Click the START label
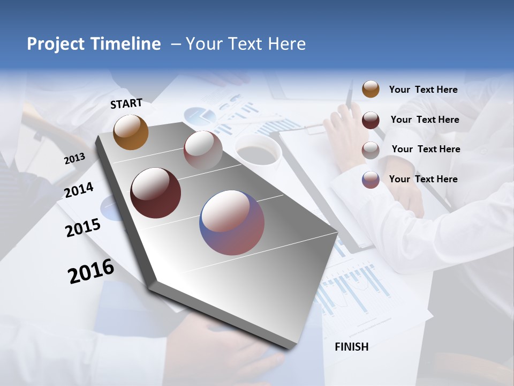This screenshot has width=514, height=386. point(126,103)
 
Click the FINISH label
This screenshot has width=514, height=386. point(351,347)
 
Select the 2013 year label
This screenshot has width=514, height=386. point(74,159)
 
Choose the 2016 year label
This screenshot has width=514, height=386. point(91,271)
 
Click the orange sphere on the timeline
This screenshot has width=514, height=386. point(131,132)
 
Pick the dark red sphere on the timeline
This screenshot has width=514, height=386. point(155,193)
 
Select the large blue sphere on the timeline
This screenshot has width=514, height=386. point(232,222)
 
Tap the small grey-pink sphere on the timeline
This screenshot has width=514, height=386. point(202,150)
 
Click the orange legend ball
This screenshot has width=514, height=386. point(371,89)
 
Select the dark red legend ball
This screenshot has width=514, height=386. point(371,120)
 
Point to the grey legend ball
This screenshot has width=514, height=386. point(371,150)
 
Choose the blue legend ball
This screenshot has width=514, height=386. point(371,179)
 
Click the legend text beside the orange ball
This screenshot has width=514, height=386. point(423,90)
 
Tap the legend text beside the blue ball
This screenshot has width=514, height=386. point(423,179)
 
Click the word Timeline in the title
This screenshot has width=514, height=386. point(125,44)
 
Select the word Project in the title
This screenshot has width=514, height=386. point(55,44)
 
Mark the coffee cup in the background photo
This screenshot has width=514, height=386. point(258,150)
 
